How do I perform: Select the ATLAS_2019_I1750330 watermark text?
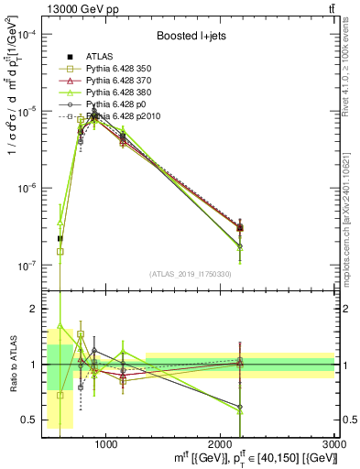point(189,274)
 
